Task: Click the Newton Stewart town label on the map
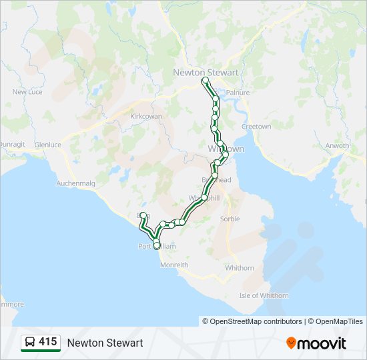(x=206, y=72)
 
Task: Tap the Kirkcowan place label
(x=146, y=116)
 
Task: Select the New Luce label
(x=27, y=92)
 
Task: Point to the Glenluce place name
(x=47, y=144)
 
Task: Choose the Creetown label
(x=256, y=127)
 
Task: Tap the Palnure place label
(x=238, y=93)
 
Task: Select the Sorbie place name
(x=230, y=219)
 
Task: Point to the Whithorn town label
(x=240, y=268)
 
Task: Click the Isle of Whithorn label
(x=264, y=295)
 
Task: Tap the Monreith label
(x=174, y=265)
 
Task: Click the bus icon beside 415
(x=29, y=343)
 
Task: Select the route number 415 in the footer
(x=48, y=342)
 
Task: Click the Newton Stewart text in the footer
(x=105, y=343)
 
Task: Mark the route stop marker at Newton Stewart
(x=206, y=81)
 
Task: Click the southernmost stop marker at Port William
(x=157, y=246)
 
